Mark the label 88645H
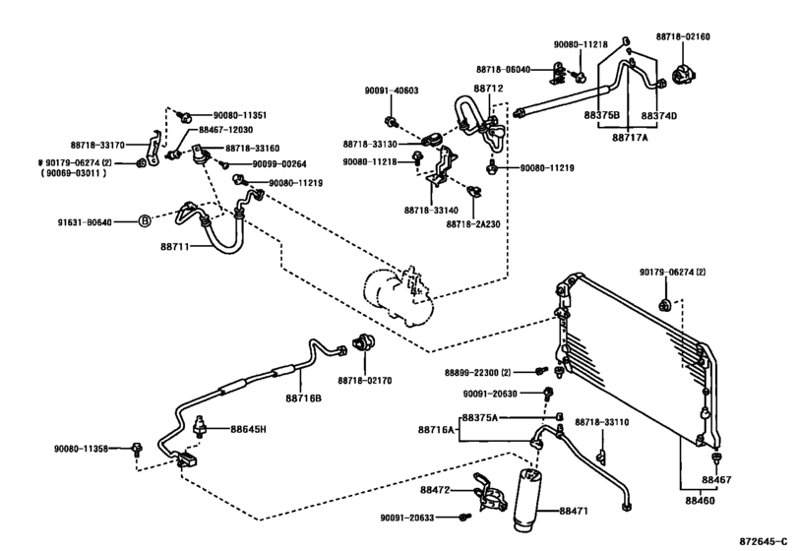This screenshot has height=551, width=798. click(x=249, y=429)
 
